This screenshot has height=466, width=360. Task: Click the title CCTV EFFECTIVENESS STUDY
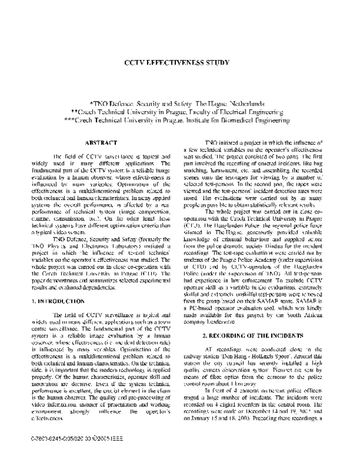pyautogui.click(x=179, y=62)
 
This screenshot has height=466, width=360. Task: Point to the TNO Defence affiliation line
pyautogui.click(x=180, y=103)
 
